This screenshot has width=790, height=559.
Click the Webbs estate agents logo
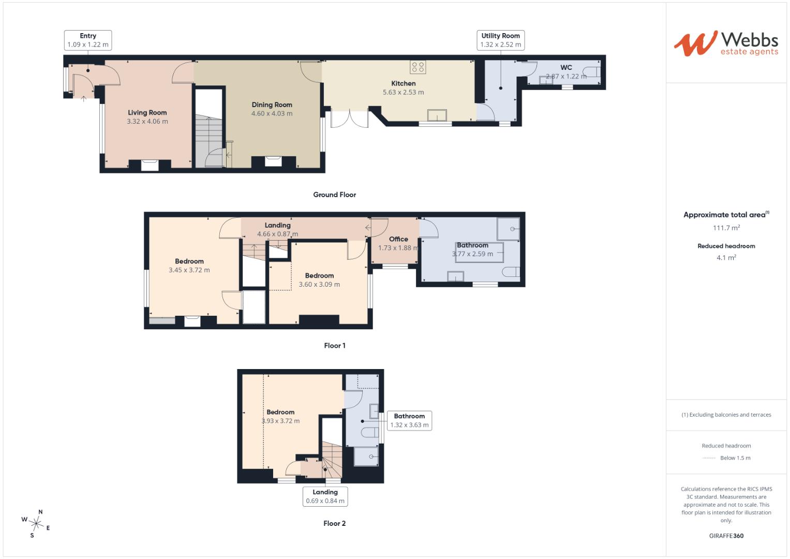click(726, 43)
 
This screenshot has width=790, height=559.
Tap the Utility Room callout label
click(500, 40)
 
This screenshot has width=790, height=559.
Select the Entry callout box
click(88, 40)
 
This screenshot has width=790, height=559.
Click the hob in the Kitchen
click(418, 67)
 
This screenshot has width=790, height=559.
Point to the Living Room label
click(147, 113)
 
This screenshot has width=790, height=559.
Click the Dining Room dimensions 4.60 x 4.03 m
click(272, 114)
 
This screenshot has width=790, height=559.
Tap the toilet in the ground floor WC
click(591, 72)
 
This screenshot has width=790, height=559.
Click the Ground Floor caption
click(334, 195)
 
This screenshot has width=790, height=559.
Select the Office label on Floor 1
click(398, 239)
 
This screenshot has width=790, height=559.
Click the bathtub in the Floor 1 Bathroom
click(479, 253)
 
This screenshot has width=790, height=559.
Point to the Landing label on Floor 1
click(277, 225)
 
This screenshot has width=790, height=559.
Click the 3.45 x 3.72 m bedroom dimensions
click(189, 270)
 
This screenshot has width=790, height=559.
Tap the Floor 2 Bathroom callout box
click(409, 420)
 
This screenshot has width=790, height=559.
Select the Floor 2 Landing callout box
click(325, 496)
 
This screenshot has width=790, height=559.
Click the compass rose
click(36, 523)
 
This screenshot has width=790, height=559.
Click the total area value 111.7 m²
click(726, 228)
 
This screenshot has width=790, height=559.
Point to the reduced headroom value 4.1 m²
click(726, 258)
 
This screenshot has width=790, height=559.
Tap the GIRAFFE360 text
click(726, 536)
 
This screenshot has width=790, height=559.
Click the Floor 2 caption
click(334, 523)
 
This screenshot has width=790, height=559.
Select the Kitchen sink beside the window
click(437, 115)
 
